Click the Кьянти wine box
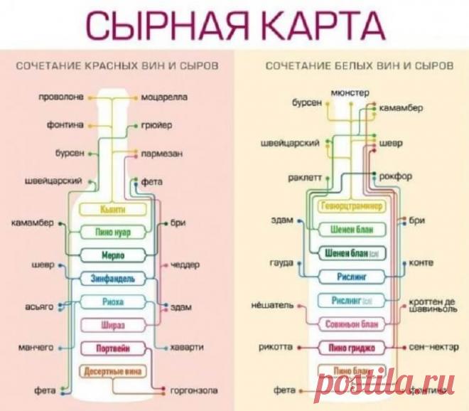point(114,209)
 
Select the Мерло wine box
point(114,255)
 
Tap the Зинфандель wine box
point(114,277)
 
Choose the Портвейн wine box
point(114,348)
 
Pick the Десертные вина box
point(114,371)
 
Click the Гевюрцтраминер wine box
point(352,206)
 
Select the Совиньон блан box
point(352,324)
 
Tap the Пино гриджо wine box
point(352,348)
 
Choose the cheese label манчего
point(36,348)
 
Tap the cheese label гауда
point(281,262)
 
